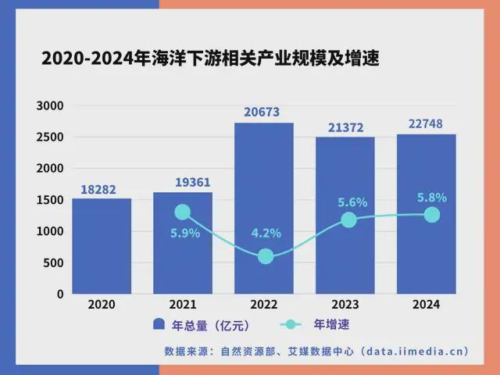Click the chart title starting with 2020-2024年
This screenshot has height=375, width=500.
tap(209, 59)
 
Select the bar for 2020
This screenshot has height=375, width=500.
tap(102, 246)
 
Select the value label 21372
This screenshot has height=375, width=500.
tap(345, 127)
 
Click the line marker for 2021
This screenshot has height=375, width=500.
tap(183, 212)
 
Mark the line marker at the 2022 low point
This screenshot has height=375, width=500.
tap(265, 256)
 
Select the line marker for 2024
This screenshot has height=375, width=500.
tap(432, 214)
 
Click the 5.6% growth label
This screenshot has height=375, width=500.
tap(352, 202)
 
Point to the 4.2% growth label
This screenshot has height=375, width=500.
tap(266, 234)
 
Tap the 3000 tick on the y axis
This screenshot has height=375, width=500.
tap(49, 105)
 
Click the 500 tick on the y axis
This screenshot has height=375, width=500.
tap(53, 263)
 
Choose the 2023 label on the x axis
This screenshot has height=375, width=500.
tap(345, 305)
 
